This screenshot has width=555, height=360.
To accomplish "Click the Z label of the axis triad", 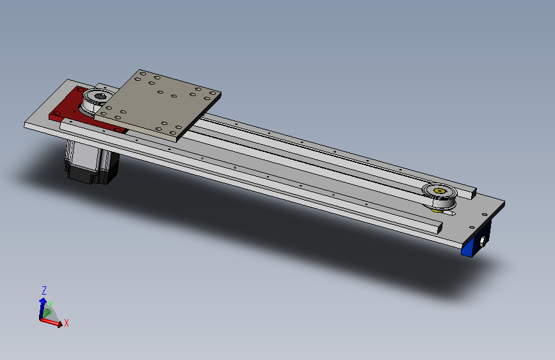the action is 44,291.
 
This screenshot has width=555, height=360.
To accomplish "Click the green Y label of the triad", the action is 51,305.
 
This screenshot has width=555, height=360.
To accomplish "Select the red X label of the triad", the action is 66,323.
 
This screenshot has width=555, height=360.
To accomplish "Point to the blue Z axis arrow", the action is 42,308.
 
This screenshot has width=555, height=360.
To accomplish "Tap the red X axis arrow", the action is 51,322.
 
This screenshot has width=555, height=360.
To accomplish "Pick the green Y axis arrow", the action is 47,313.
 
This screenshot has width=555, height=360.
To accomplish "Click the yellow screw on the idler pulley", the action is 439,191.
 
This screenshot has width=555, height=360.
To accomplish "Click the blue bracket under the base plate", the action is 476,240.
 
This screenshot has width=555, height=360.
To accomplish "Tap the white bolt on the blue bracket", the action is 482,241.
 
